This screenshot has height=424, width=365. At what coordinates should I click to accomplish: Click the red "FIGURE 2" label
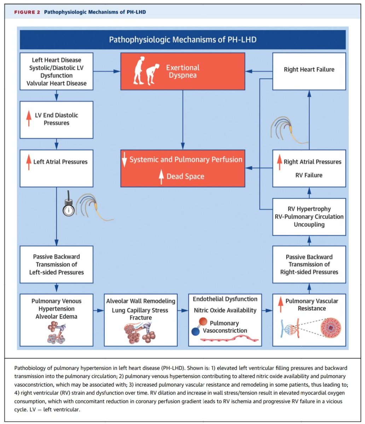click(x=27, y=12)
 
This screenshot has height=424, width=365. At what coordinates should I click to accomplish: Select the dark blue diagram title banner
click(x=182, y=39)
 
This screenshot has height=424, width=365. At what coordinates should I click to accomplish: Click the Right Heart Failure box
click(x=309, y=70)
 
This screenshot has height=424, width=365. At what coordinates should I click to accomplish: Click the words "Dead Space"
click(x=185, y=176)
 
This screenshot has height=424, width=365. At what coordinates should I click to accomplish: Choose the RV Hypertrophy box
click(x=309, y=217)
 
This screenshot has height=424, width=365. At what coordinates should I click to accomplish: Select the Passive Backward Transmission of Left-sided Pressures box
click(x=57, y=264)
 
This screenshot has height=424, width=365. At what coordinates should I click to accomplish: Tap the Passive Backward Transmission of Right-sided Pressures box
click(x=309, y=264)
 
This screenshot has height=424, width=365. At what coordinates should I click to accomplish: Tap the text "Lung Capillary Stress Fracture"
click(x=140, y=314)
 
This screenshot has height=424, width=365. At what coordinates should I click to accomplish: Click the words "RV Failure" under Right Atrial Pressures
click(x=309, y=175)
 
